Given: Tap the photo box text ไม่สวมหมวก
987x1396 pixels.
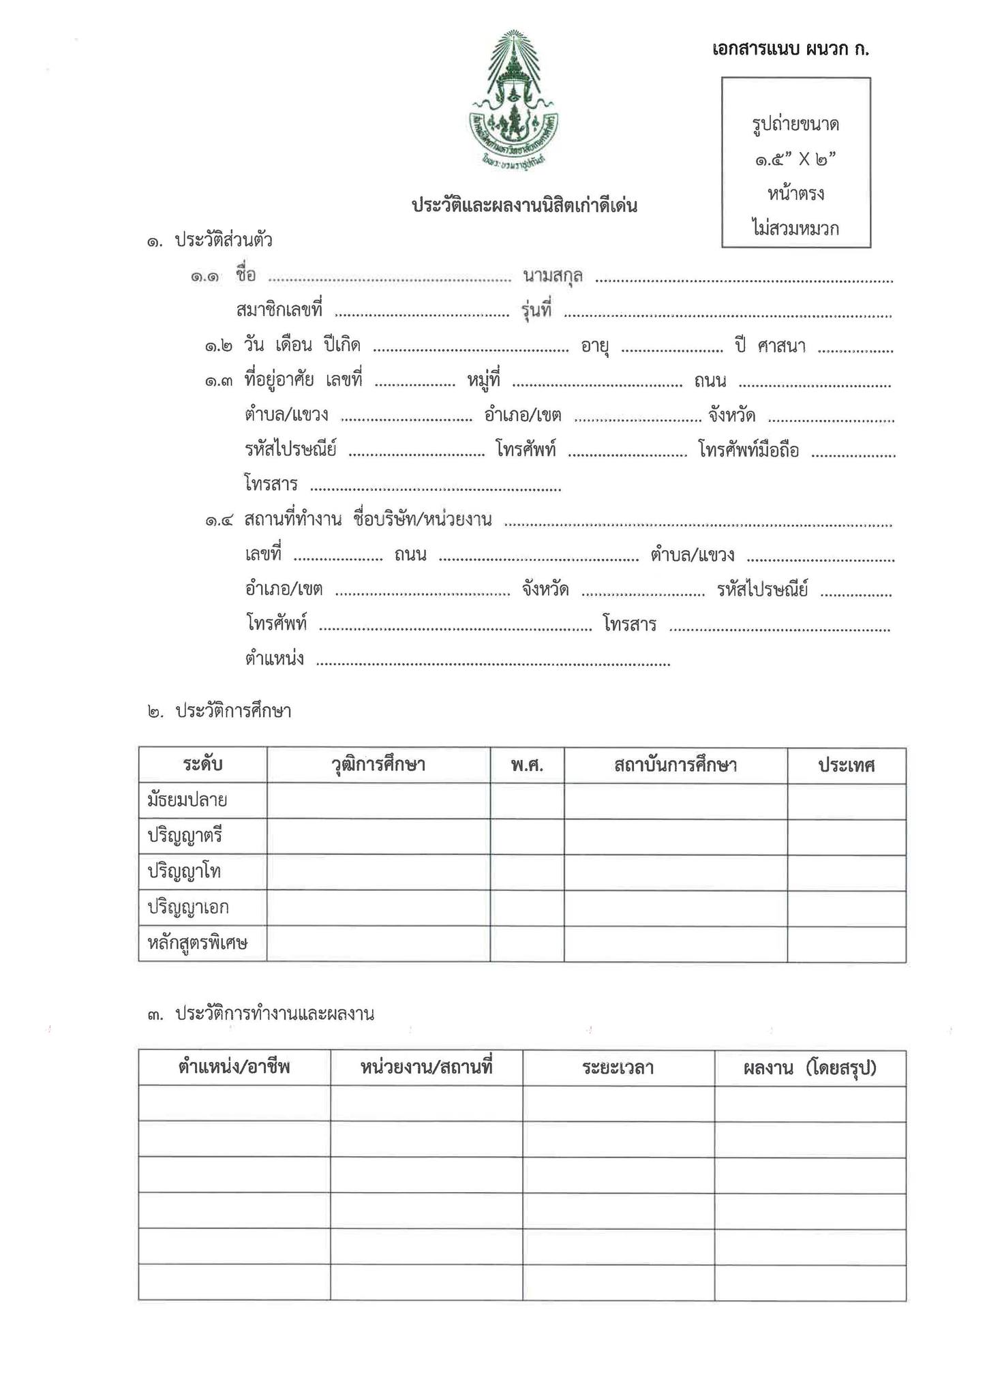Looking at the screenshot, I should pyautogui.click(x=795, y=228).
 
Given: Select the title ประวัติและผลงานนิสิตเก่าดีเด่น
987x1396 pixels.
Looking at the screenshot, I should pyautogui.click(x=524, y=206).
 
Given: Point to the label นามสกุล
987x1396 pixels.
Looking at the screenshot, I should pyautogui.click(x=552, y=276).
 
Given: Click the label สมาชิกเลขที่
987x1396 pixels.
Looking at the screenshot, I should pyautogui.click(x=279, y=311).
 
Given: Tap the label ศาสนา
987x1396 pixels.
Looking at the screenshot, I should pyautogui.click(x=781, y=346).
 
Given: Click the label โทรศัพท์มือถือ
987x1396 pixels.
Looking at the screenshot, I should pyautogui.click(x=748, y=451).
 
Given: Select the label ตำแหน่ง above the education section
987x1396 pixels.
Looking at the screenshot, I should pyautogui.click(x=274, y=659).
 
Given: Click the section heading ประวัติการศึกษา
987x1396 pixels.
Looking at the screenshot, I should pyautogui.click(x=233, y=712).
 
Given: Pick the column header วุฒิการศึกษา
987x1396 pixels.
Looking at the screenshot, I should pyautogui.click(x=378, y=765).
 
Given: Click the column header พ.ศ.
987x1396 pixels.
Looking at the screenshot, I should pyautogui.click(x=527, y=765).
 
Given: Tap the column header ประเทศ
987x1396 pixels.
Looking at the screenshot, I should pyautogui.click(x=847, y=765).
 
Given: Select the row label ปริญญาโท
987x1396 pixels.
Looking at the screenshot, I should pyautogui.click(x=184, y=872).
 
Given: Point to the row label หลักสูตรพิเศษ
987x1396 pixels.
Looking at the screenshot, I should pyautogui.click(x=197, y=944).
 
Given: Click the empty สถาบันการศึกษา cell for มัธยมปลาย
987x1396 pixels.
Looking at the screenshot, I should pyautogui.click(x=675, y=801).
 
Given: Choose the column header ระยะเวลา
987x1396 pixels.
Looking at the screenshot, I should pyautogui.click(x=618, y=1068).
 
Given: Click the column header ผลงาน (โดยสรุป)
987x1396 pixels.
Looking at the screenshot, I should pyautogui.click(x=810, y=1068).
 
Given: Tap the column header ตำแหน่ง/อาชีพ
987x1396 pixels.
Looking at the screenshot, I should pyautogui.click(x=234, y=1068).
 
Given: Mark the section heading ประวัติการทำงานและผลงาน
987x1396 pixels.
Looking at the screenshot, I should pyautogui.click(x=275, y=1014).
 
